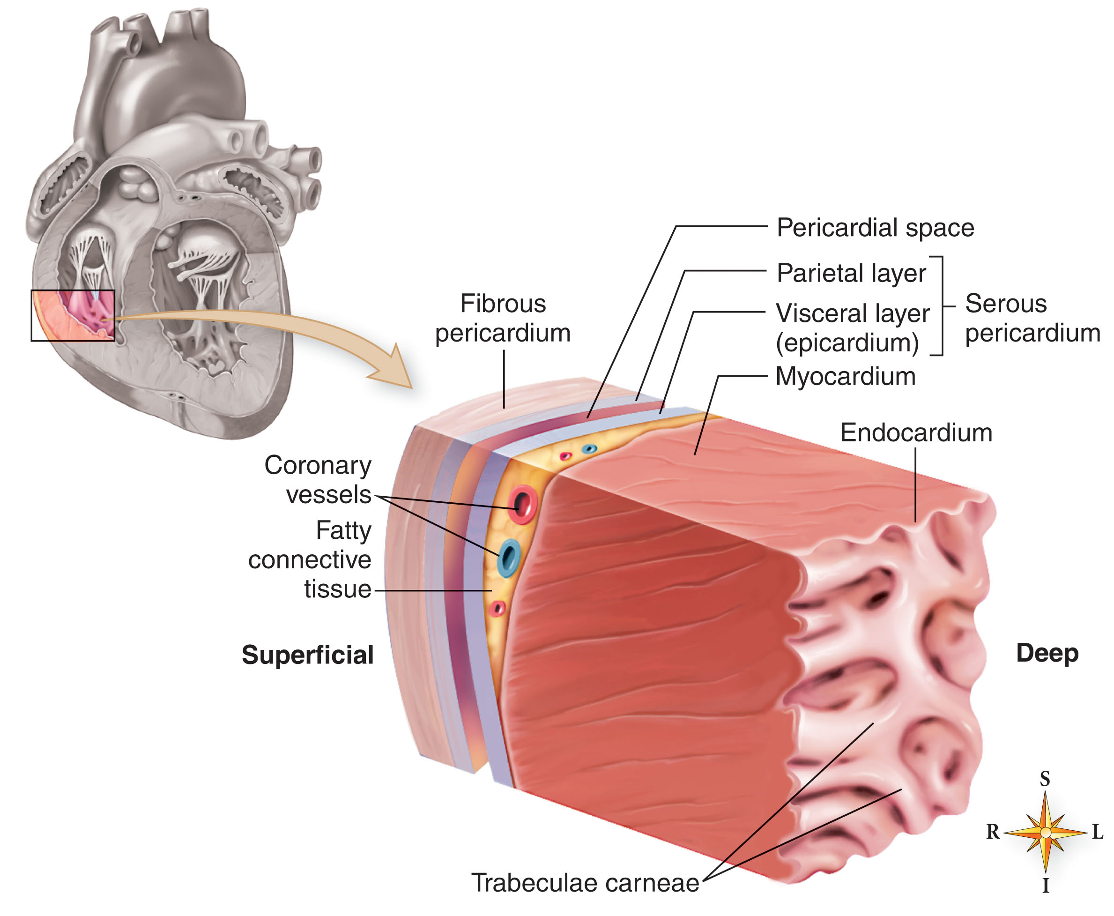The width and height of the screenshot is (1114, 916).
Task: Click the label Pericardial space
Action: tap(875, 228)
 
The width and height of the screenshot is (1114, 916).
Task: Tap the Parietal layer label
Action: tap(851, 273)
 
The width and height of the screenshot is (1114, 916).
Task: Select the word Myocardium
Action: tap(845, 377)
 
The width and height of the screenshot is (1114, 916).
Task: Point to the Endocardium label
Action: tap(916, 432)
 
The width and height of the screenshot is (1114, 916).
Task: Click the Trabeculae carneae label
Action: tap(585, 883)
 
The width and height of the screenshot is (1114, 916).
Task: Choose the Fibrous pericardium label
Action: tap(503, 318)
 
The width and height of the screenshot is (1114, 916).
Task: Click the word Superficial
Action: tap(307, 655)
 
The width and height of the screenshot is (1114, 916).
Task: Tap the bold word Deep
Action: tap(1047, 654)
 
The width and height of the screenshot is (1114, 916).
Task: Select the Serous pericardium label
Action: tap(1032, 318)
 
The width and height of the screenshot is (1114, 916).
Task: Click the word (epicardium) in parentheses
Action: tap(847, 343)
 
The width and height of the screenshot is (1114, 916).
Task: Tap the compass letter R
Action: tap(993, 832)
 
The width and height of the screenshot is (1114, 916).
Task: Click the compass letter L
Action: tap(1098, 832)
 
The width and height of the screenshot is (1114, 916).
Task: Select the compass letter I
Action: tap(1046, 886)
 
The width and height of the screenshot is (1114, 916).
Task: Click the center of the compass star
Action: tap(1046, 833)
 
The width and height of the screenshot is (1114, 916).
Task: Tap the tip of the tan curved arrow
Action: tap(411, 388)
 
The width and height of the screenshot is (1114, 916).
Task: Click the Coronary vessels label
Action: tap(318, 480)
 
